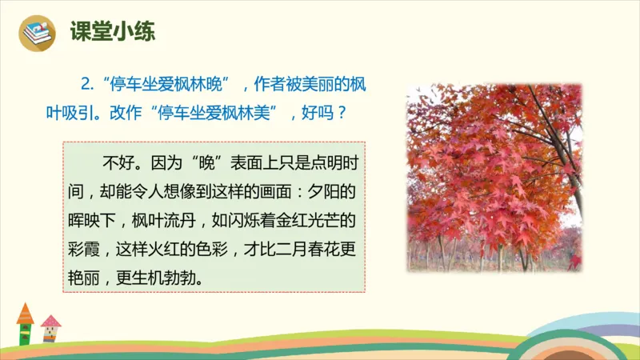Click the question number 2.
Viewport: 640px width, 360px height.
point(87,84)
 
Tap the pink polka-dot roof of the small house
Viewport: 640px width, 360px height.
point(51,322)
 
